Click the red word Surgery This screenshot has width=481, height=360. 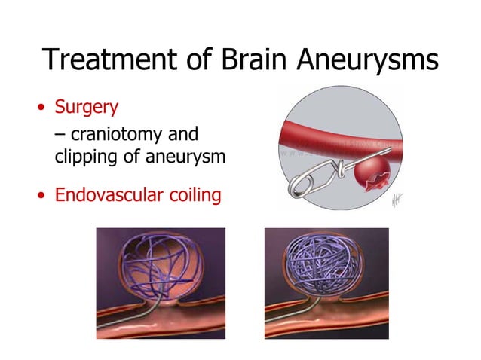[x=86, y=107]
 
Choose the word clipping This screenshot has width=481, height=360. [x=87, y=158]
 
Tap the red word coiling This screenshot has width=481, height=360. [x=195, y=196]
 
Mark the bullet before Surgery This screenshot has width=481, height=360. [x=42, y=108]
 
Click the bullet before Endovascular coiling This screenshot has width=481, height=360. [x=42, y=197]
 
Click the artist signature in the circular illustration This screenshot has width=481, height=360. [x=396, y=198]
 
